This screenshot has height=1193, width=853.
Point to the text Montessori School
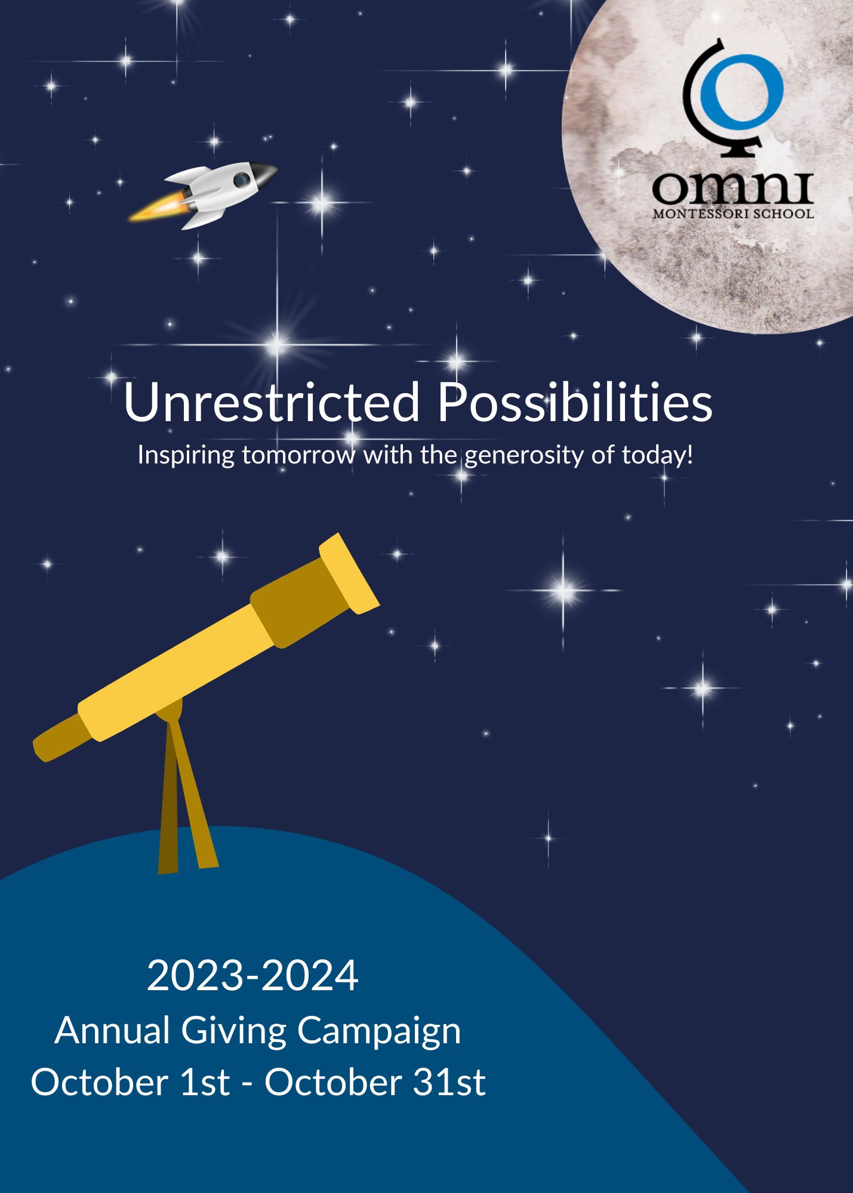tap(733, 214)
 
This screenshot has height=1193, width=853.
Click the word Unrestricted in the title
tap(272, 402)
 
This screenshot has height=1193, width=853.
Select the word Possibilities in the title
tap(575, 402)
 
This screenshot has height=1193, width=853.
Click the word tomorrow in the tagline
tap(298, 456)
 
